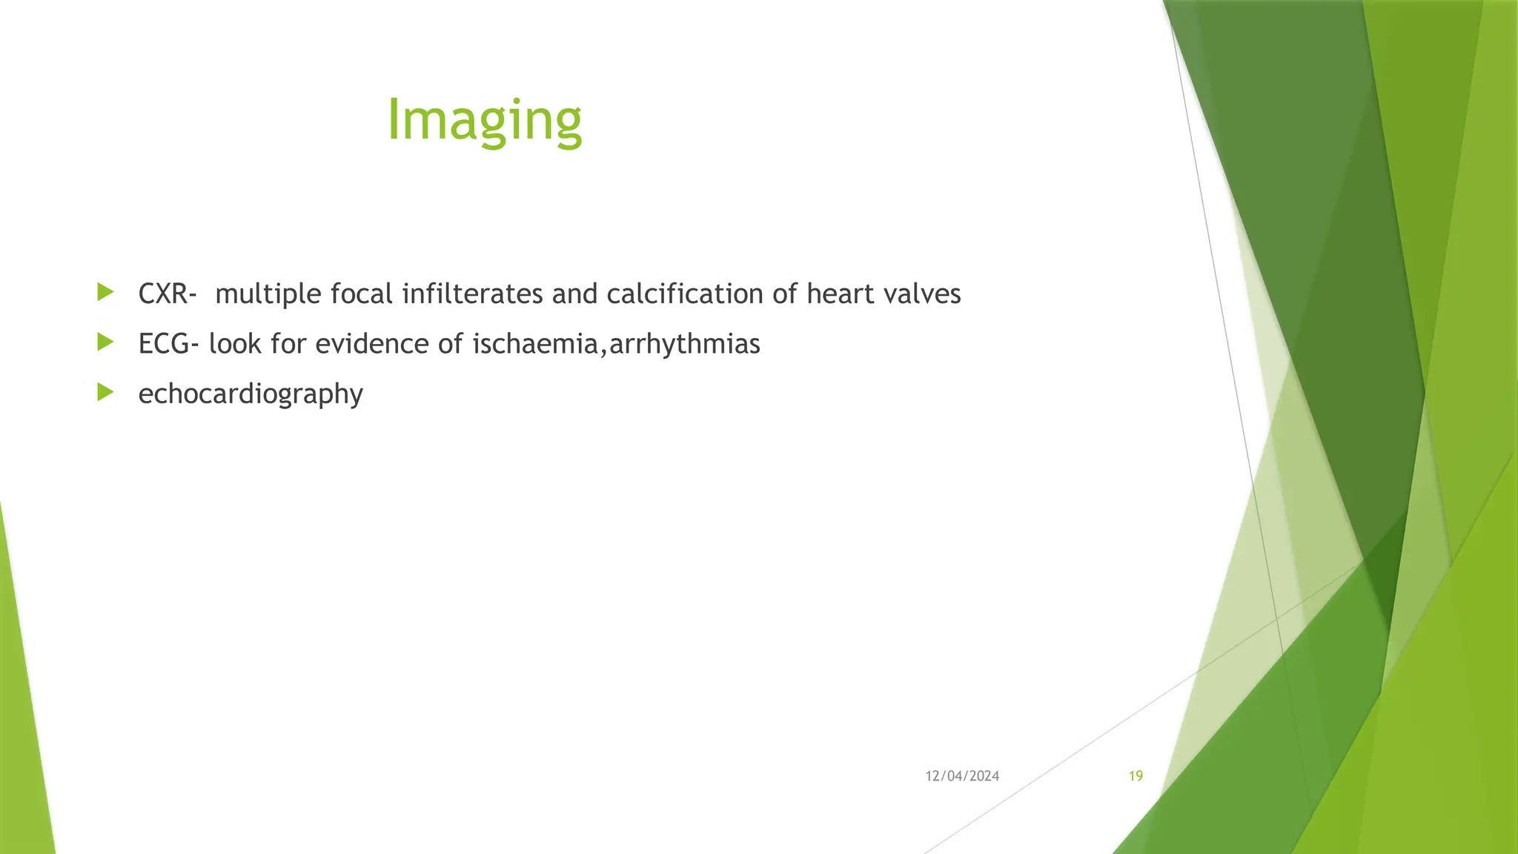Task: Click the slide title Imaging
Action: (x=485, y=120)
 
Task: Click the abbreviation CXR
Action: (x=163, y=294)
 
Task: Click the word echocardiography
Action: (x=251, y=394)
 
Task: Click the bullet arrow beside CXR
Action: (x=105, y=292)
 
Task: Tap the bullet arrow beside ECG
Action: (x=105, y=342)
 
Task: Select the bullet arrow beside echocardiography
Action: (x=105, y=391)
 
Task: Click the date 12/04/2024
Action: (x=962, y=776)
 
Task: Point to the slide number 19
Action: (x=1136, y=776)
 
